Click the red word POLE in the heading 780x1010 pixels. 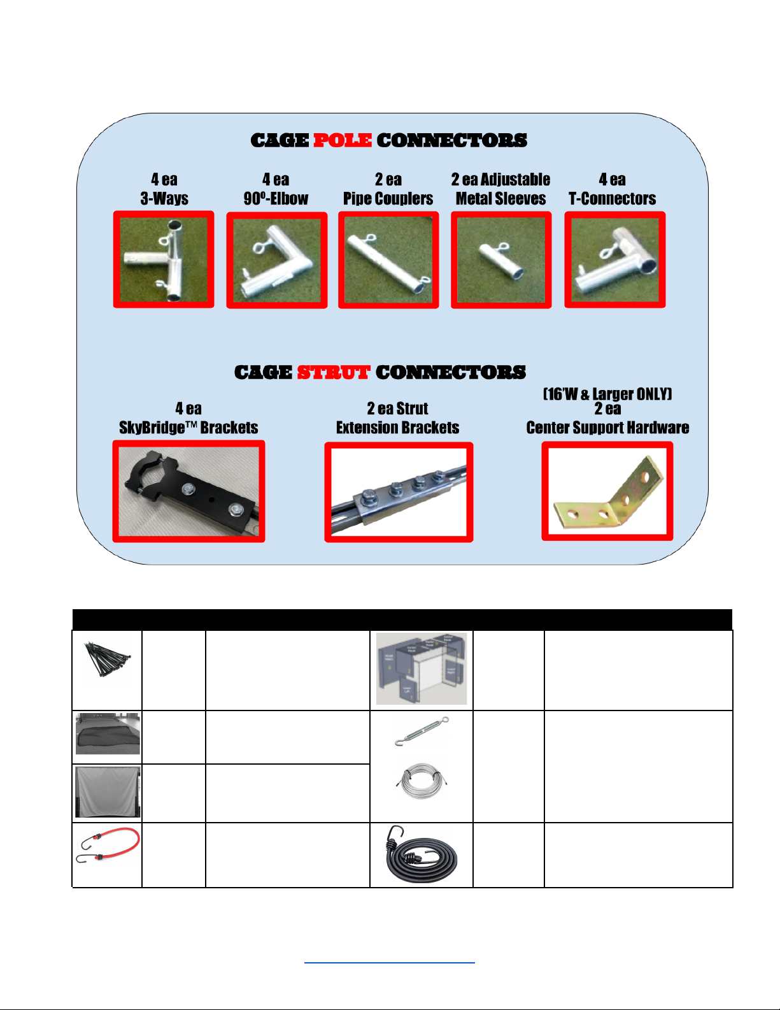point(343,140)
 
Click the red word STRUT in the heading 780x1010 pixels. point(333,372)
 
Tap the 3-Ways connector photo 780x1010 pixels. point(164,260)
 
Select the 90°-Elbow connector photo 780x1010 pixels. point(277,261)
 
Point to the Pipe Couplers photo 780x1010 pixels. point(388,261)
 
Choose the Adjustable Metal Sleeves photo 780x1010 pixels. point(501,261)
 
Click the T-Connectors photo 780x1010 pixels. point(615,260)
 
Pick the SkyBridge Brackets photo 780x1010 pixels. point(188,491)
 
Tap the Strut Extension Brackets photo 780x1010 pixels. point(399,492)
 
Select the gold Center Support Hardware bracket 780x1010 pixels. point(607,491)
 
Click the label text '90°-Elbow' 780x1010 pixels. point(276,199)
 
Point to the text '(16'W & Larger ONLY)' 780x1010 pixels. point(607,394)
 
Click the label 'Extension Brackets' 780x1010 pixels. point(398,428)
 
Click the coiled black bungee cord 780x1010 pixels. point(421,855)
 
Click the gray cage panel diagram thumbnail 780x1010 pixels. point(422,669)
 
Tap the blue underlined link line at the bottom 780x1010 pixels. point(390,962)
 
